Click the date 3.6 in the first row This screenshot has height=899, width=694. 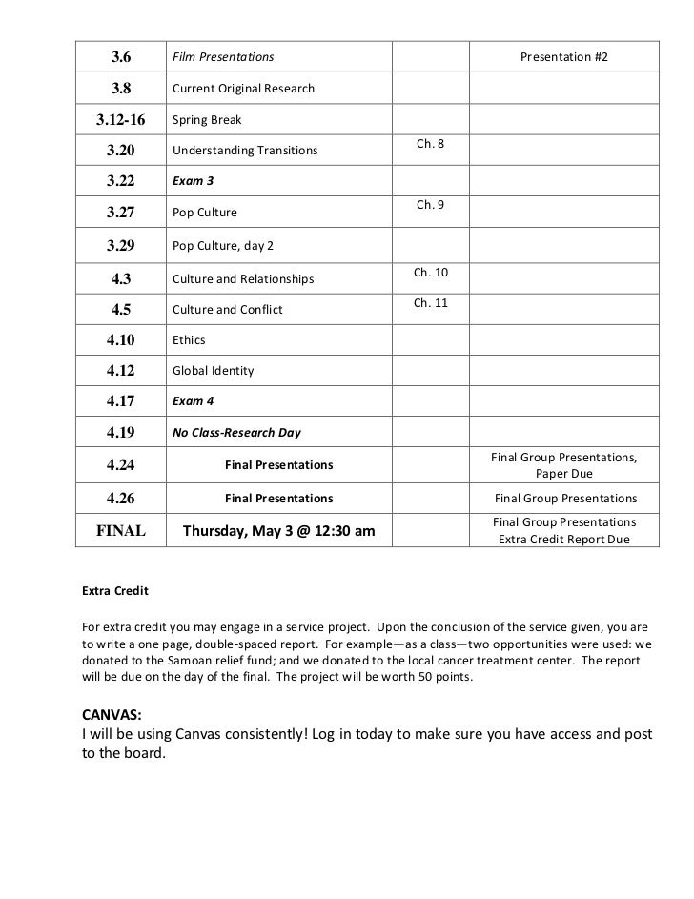[x=121, y=58]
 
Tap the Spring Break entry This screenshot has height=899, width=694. [x=207, y=120]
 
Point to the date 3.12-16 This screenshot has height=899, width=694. [x=120, y=120]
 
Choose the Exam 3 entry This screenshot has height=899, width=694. [x=194, y=181]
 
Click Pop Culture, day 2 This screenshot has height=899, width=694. [x=223, y=245]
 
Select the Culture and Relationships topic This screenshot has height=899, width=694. [x=243, y=279]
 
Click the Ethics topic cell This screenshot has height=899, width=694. [x=189, y=339]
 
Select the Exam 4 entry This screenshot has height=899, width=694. [x=194, y=401]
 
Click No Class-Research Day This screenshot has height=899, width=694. [x=236, y=432]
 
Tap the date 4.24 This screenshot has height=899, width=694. [x=121, y=465]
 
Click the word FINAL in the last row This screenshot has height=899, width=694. [x=120, y=531]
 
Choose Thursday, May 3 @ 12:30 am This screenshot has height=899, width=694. [x=278, y=531]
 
